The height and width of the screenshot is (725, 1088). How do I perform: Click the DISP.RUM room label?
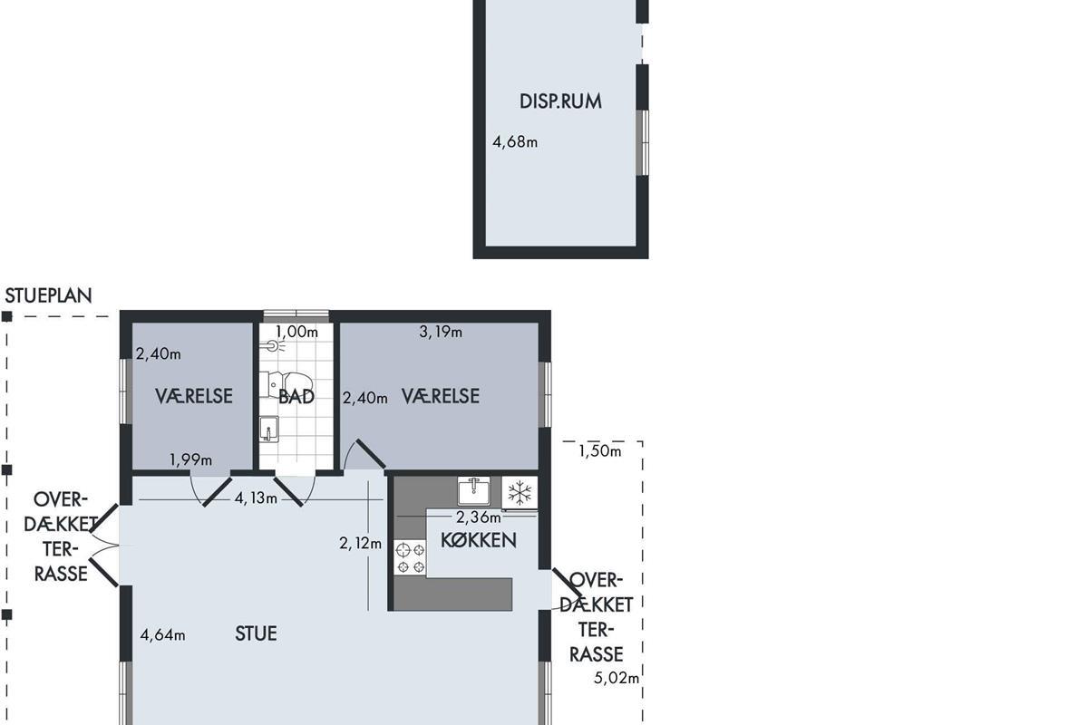[560, 101]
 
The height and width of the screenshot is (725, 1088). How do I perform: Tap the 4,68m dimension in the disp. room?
[515, 141]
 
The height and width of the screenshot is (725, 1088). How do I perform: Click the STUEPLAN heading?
[48, 295]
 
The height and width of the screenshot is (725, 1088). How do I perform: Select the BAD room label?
[296, 397]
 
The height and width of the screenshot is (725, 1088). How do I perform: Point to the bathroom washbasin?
[268, 429]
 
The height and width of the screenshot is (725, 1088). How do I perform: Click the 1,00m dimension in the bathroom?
[296, 332]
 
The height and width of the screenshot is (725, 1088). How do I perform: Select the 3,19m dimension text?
[441, 332]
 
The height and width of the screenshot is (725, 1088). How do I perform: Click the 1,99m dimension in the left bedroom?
[190, 459]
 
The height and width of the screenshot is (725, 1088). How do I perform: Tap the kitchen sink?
[473, 490]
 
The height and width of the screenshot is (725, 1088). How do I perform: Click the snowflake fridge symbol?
[520, 492]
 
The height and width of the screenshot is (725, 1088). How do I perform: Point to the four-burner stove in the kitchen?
[410, 557]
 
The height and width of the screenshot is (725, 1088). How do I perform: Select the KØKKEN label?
[479, 540]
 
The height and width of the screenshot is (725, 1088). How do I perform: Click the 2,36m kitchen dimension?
[479, 517]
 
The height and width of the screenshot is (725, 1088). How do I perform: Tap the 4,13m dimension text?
[256, 498]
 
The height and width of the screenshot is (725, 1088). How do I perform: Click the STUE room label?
[256, 633]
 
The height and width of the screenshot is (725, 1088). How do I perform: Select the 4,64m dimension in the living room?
[162, 634]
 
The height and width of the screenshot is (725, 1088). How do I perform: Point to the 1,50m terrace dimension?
[600, 451]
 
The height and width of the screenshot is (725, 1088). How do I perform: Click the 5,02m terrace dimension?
[617, 677]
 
